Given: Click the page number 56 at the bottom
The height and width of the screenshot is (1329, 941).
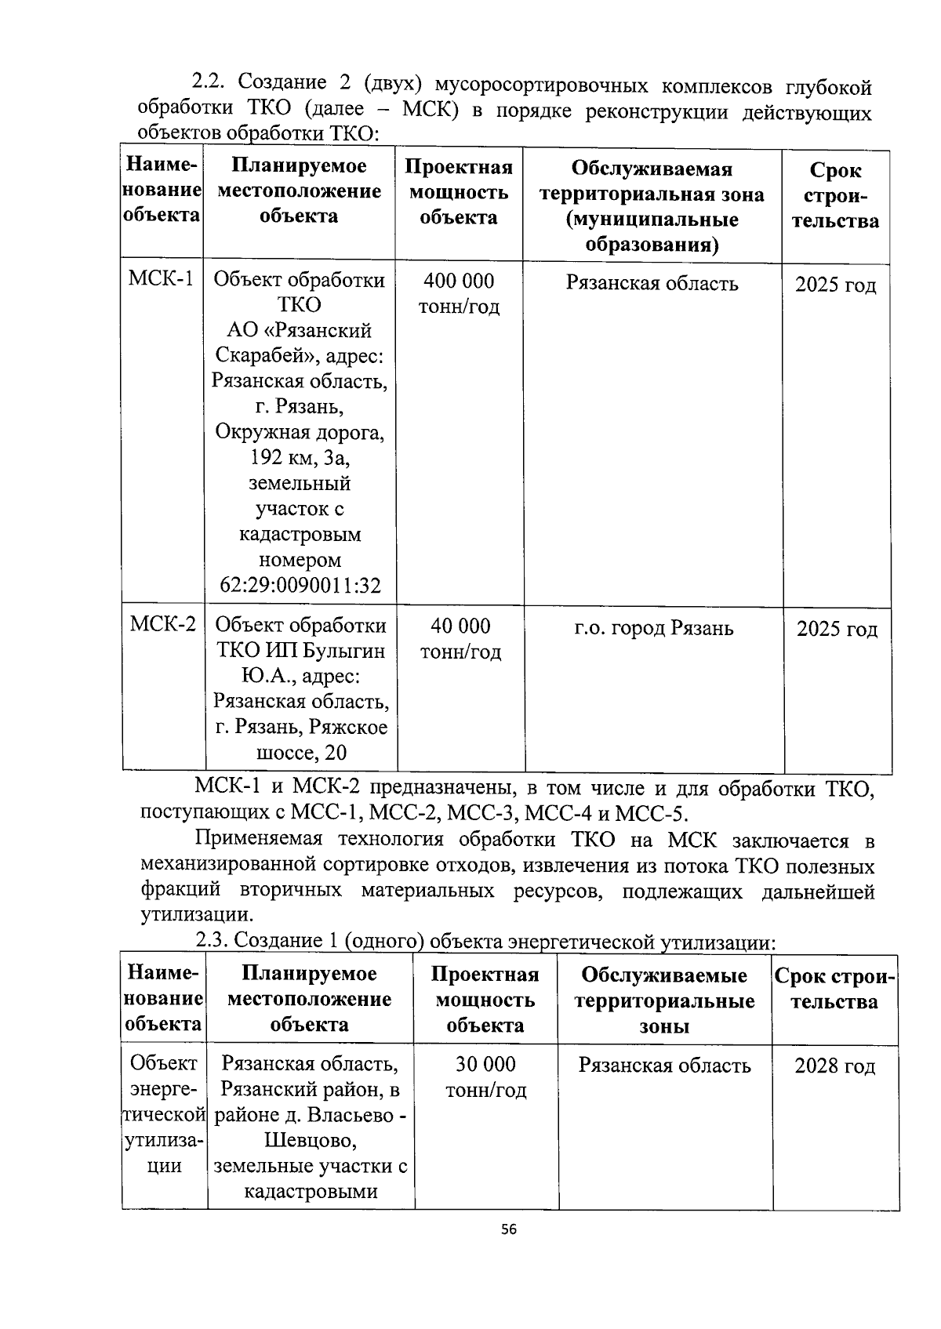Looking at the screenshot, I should [x=509, y=1229].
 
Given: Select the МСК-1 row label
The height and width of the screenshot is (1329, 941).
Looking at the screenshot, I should [x=162, y=279].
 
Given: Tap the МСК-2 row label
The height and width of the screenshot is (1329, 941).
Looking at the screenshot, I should [x=163, y=625].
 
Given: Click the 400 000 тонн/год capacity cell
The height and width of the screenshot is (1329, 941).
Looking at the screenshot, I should [x=459, y=293].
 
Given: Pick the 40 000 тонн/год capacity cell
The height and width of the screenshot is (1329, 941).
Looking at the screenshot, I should [x=460, y=638].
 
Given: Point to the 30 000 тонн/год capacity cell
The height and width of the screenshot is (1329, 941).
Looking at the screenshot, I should [x=486, y=1077].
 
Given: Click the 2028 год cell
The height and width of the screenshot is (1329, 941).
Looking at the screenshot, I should [x=834, y=1066].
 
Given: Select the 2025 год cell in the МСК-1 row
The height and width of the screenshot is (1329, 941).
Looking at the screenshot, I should [x=835, y=285].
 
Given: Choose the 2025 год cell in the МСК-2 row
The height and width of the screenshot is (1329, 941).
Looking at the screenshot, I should [x=837, y=630].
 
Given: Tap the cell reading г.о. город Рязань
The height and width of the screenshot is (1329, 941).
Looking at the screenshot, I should [x=653, y=628].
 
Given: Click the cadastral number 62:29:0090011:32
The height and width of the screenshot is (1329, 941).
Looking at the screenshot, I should [x=300, y=586].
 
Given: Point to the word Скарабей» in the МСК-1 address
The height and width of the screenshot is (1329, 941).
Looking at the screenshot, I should [x=267, y=357].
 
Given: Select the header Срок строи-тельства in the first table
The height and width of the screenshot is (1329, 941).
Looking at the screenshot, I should [x=835, y=195].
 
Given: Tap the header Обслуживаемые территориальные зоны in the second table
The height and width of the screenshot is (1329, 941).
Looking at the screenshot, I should [x=664, y=1000].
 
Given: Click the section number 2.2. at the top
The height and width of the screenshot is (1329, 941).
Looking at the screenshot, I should [x=209, y=82].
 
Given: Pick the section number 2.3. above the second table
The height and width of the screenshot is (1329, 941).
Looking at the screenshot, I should [x=212, y=940].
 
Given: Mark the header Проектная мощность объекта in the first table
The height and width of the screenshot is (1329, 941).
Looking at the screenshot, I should [x=459, y=191].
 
